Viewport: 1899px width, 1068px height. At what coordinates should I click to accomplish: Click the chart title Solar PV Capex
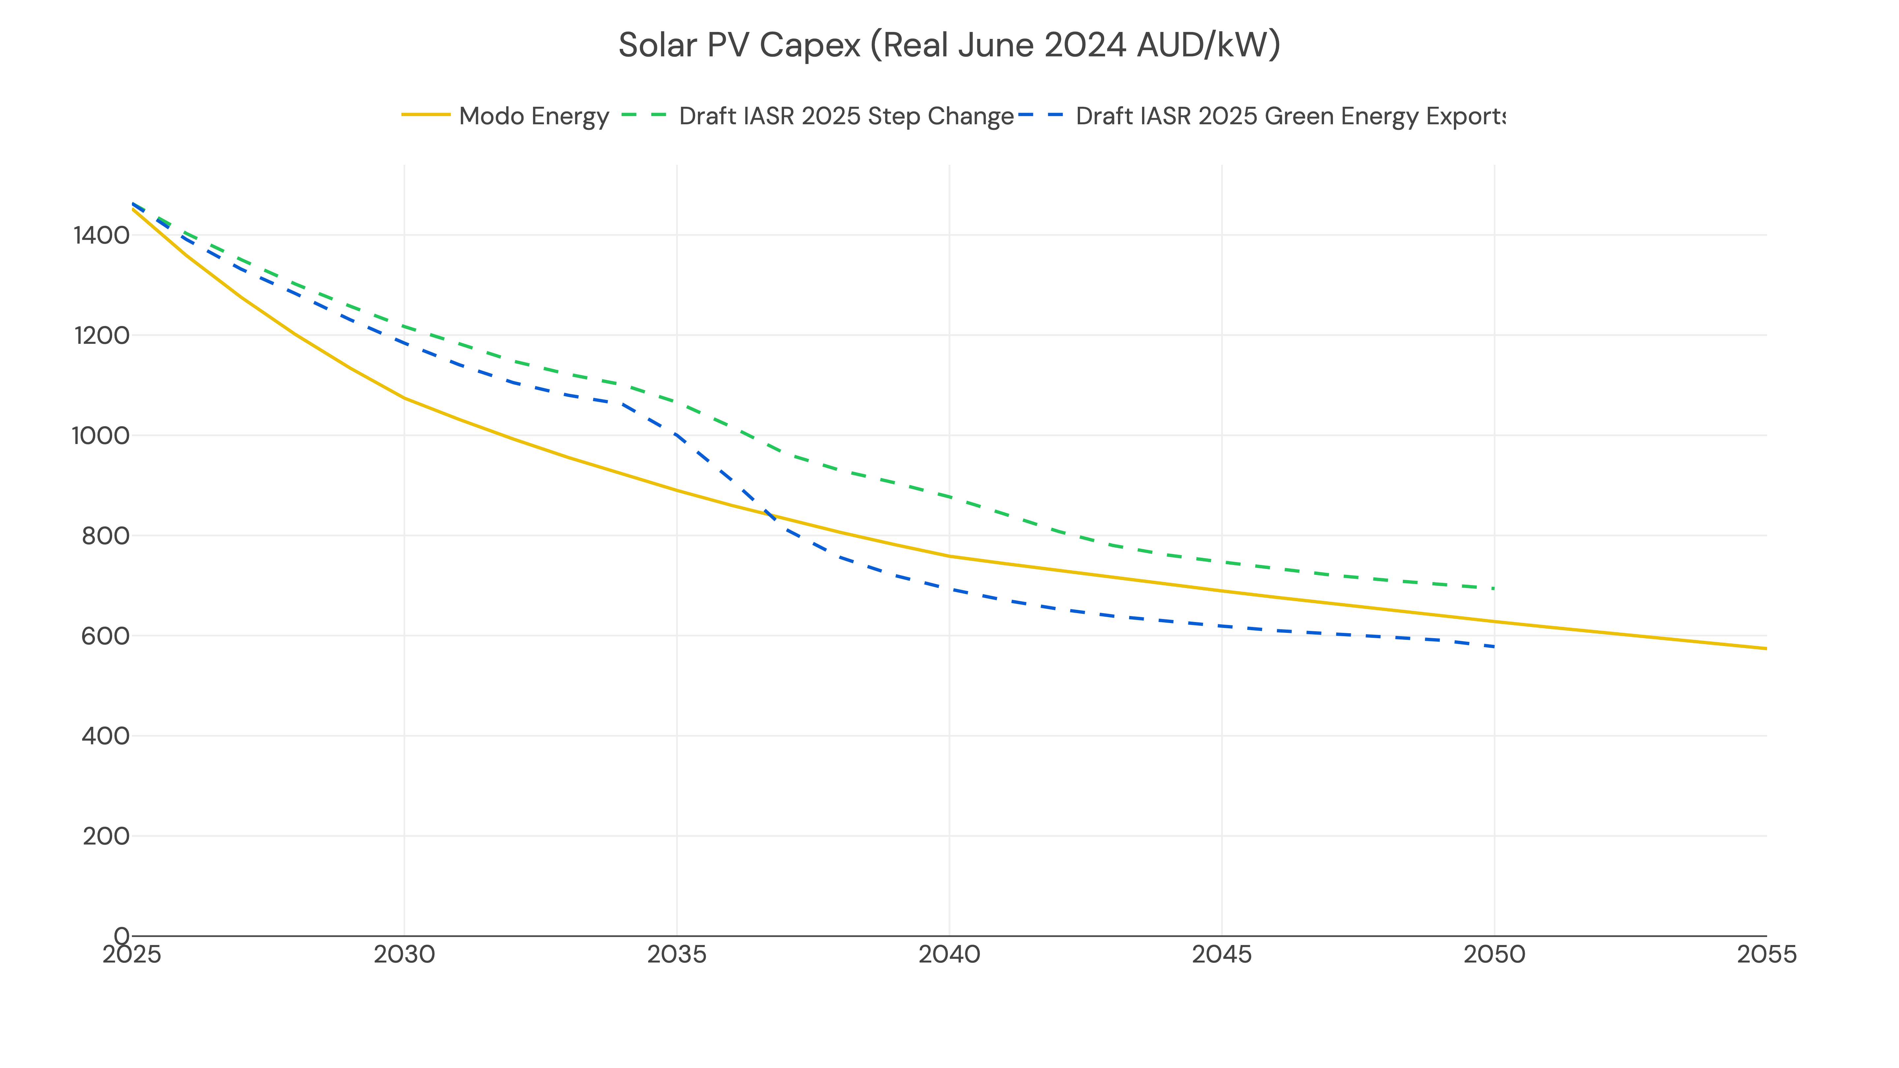pos(949,45)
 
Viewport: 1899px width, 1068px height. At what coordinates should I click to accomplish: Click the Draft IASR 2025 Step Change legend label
pos(846,116)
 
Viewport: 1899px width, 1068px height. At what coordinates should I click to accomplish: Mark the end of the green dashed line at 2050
pos(1493,588)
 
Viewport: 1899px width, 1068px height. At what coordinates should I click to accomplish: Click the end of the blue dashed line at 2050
pos(1493,646)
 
